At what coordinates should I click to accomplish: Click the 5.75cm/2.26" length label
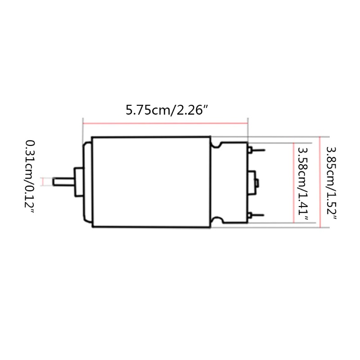tap(167, 110)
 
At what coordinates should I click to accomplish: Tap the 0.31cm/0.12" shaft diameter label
tap(30, 177)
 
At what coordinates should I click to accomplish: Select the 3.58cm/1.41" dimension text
tap(302, 184)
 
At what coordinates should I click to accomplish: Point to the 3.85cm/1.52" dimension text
tap(331, 184)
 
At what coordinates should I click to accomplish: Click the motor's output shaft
tap(63, 182)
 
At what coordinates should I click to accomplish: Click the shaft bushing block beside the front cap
tap(79, 182)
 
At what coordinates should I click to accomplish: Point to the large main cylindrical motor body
tap(151, 182)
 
